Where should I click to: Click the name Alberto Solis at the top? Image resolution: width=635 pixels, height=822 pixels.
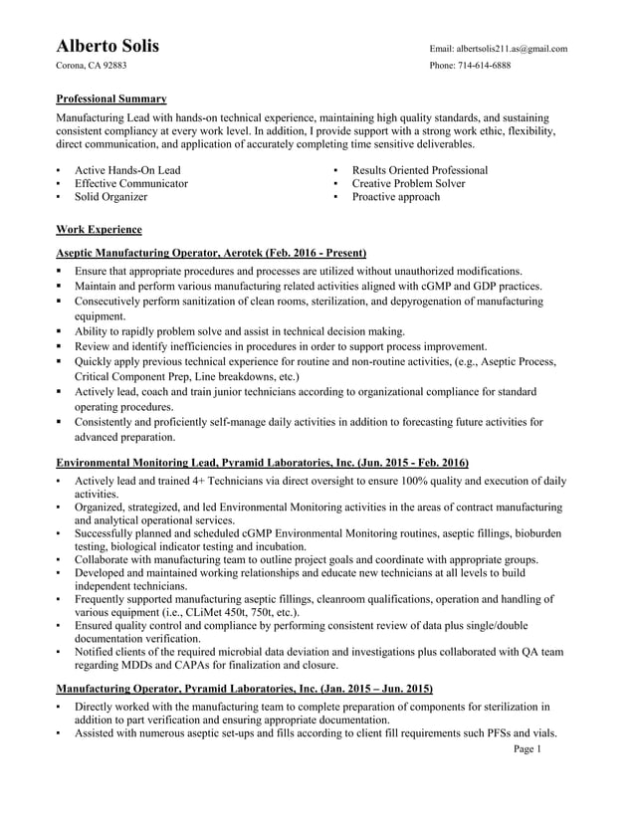[x=107, y=47]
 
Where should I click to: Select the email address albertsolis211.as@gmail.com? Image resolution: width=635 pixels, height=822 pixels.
[x=511, y=48]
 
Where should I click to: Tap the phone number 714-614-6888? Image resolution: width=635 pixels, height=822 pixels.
[x=485, y=65]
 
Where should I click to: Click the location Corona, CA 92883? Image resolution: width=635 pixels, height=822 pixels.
[x=91, y=65]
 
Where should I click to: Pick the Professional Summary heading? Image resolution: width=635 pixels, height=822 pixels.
[x=110, y=99]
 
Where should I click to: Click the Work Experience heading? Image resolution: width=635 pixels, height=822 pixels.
[x=99, y=228]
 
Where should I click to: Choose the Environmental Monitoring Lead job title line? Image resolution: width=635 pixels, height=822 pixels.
[x=262, y=463]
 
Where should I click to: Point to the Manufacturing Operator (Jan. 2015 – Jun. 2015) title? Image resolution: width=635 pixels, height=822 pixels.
[x=244, y=688]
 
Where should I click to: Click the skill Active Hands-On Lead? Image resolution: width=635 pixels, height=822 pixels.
[x=127, y=170]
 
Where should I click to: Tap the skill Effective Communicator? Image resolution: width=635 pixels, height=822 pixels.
[x=130, y=183]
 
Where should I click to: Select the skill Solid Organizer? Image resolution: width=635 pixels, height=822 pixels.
[x=110, y=197]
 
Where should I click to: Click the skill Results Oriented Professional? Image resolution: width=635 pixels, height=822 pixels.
[x=419, y=170]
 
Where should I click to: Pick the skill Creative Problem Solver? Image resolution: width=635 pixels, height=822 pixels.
[x=408, y=183]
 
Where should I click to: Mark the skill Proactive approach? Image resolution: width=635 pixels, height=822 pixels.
[x=395, y=197]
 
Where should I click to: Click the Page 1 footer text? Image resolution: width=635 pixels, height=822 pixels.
[x=527, y=749]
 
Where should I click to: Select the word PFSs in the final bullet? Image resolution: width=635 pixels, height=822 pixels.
[x=492, y=733]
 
